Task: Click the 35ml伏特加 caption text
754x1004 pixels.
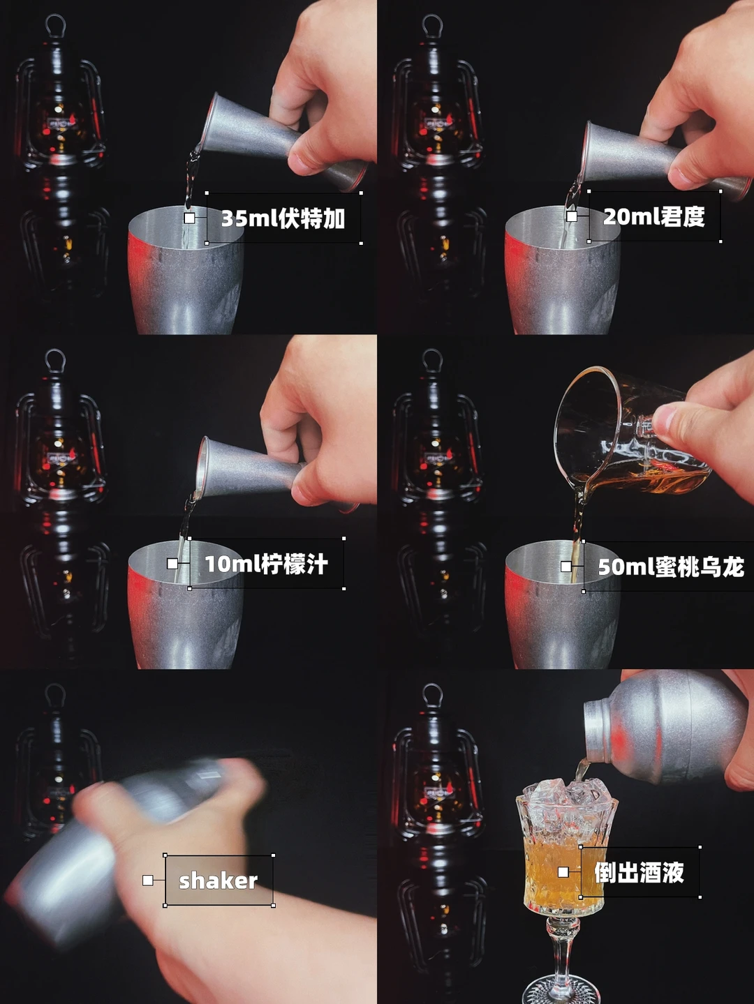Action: click(283, 218)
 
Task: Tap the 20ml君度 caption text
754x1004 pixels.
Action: click(653, 216)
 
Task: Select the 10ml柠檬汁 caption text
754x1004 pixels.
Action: click(266, 564)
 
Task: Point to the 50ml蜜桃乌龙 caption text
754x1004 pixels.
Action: click(671, 567)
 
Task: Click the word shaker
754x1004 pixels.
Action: click(218, 881)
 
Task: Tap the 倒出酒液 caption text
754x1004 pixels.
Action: click(639, 872)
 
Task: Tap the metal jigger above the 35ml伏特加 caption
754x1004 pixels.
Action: click(283, 142)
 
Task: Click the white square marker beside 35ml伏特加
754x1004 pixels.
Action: click(189, 218)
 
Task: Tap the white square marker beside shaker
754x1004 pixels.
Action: click(148, 880)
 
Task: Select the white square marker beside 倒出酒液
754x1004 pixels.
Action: click(563, 872)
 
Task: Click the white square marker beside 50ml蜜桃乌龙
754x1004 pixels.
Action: click(566, 567)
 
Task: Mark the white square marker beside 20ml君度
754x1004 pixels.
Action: click(572, 216)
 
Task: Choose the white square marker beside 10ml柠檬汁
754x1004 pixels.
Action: click(172, 564)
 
